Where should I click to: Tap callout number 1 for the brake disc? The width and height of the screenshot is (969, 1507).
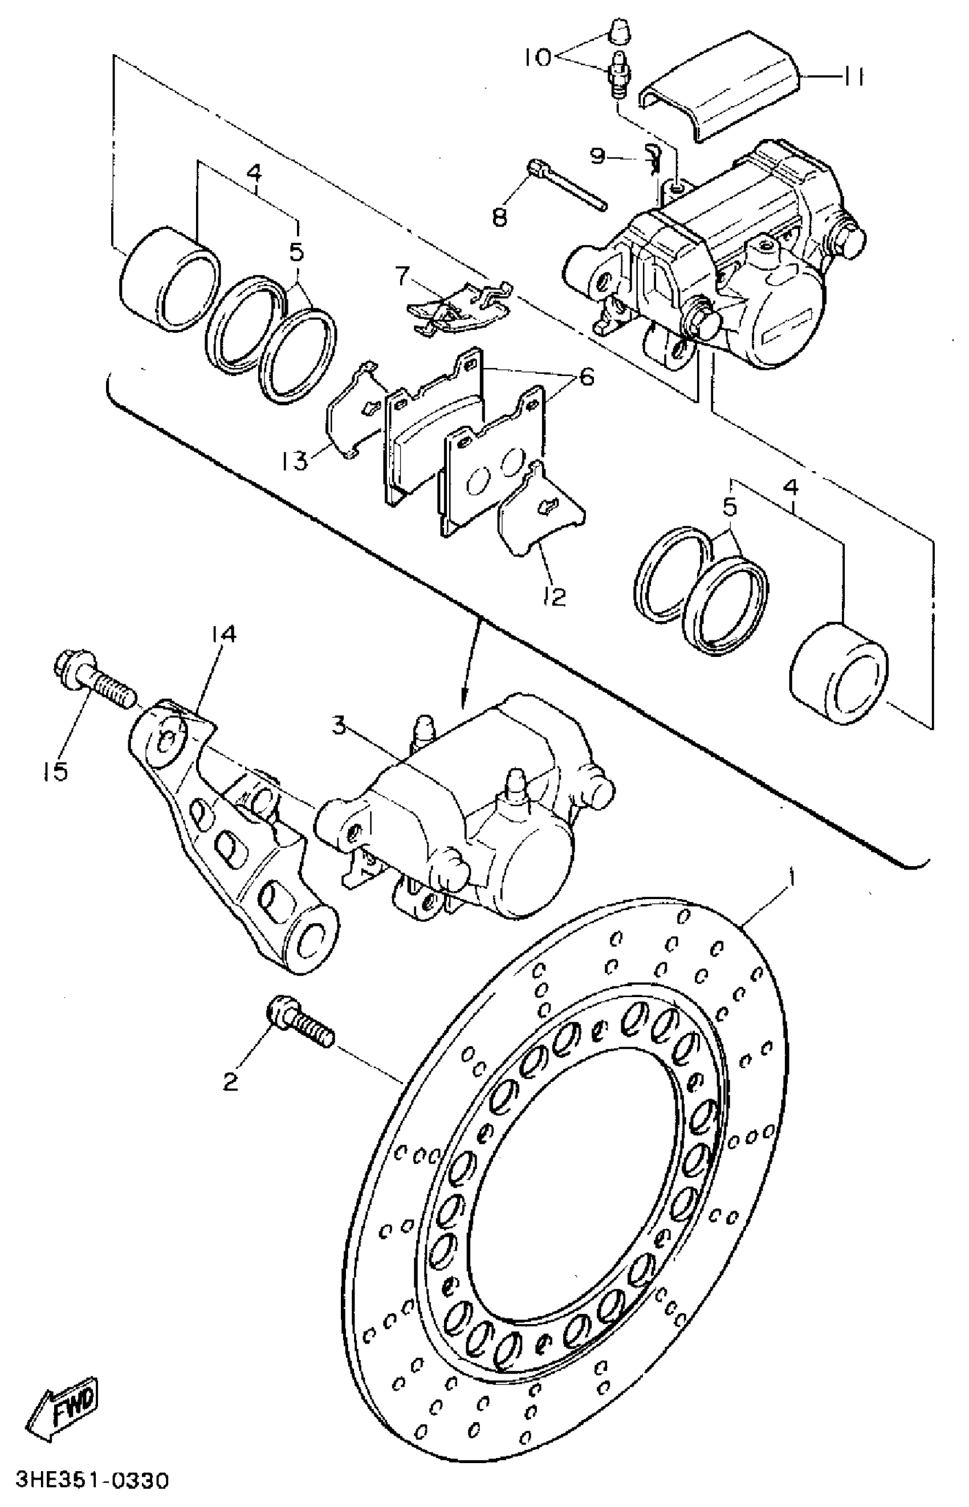pyautogui.click(x=792, y=876)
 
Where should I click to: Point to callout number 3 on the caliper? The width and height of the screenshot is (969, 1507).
pyautogui.click(x=339, y=726)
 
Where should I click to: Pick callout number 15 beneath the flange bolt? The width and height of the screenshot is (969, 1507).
pyautogui.click(x=56, y=771)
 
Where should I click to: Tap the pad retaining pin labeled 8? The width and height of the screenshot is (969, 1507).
pyautogui.click(x=567, y=186)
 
